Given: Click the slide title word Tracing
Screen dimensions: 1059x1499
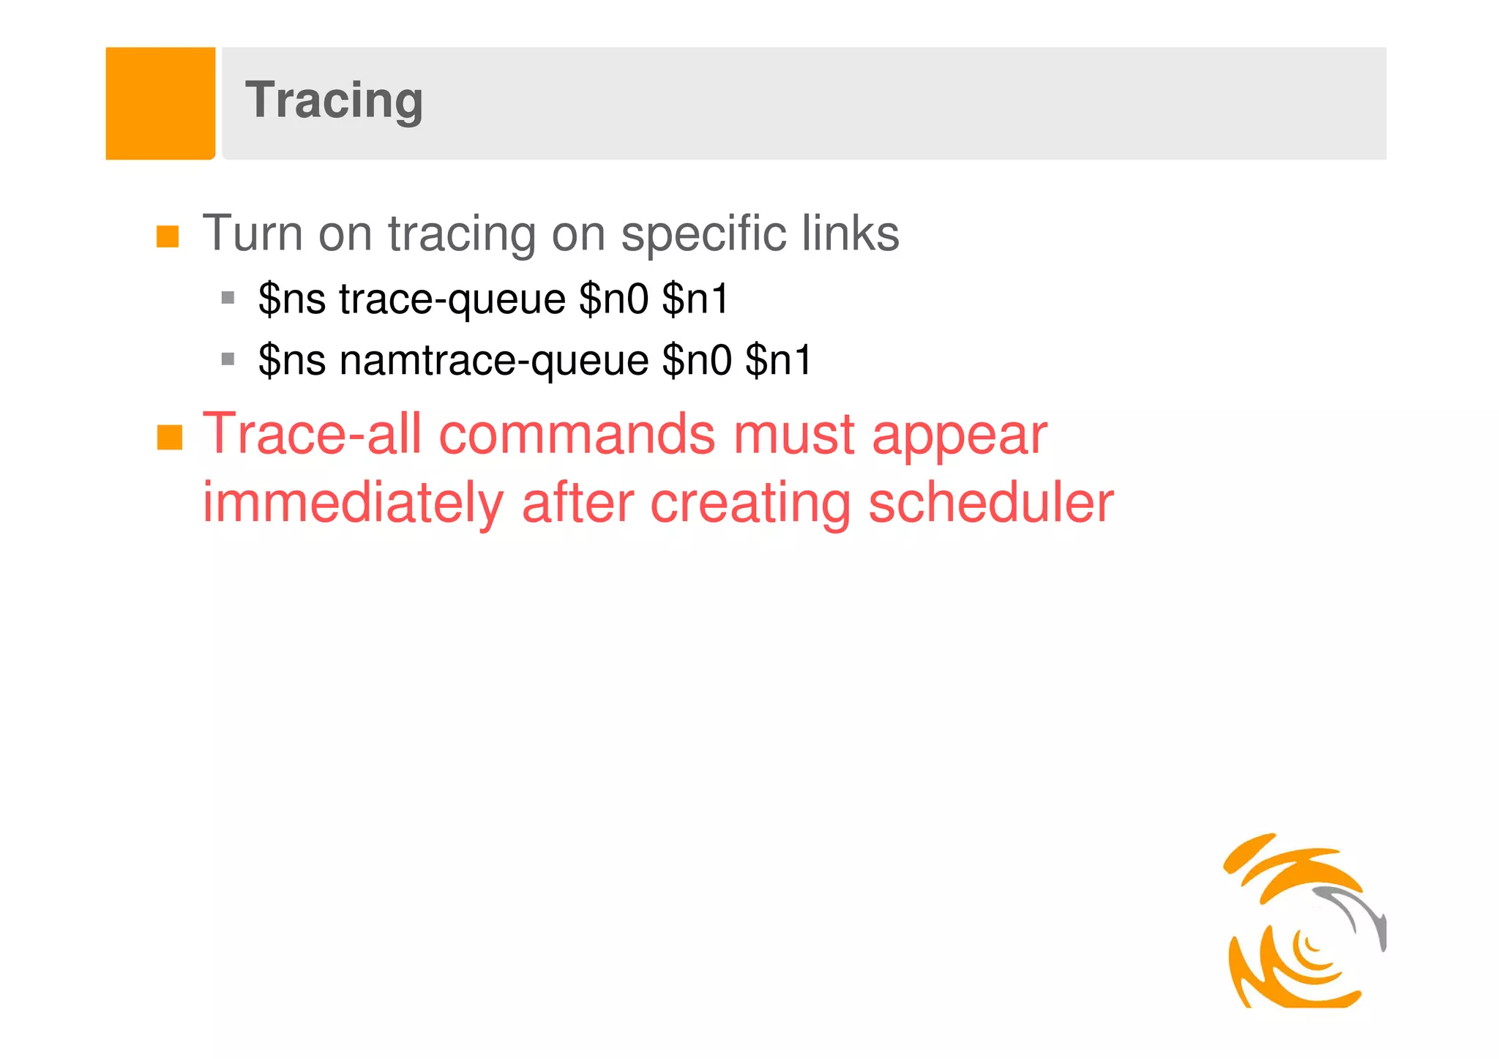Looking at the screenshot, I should click(x=334, y=101).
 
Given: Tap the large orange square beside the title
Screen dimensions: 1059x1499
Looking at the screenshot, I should click(x=160, y=103).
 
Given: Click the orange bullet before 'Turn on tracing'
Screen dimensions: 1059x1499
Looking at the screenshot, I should click(x=168, y=236).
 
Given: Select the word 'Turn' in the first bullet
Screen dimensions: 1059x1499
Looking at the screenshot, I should click(x=252, y=233).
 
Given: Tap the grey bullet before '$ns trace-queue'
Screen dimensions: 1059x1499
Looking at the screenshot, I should click(x=228, y=298).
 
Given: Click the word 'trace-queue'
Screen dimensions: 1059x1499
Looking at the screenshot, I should click(x=452, y=300).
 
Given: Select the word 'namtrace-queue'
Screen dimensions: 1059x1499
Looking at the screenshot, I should click(x=494, y=362).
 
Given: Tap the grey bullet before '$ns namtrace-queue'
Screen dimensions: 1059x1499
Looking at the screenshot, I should click(x=228, y=359).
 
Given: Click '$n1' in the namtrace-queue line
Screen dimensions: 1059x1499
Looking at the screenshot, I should click(x=778, y=360).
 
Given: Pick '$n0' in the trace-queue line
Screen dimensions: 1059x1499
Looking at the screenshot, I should click(x=613, y=299).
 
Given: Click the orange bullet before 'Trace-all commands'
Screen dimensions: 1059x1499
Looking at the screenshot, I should click(x=169, y=438).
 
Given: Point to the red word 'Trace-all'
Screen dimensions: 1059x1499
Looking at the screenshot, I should click(x=312, y=434).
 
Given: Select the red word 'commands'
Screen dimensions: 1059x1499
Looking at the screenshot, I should click(x=576, y=434).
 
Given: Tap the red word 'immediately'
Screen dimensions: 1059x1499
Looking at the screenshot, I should click(x=353, y=504).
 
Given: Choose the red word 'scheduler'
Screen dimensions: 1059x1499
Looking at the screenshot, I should click(x=990, y=503).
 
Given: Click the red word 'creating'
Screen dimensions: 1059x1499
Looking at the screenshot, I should click(x=750, y=504).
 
